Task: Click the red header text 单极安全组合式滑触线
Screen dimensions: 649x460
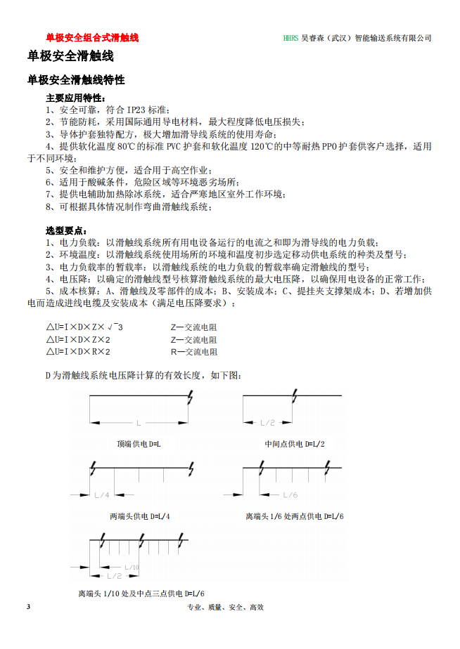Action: [92, 38]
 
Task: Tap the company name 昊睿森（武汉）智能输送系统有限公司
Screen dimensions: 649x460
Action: [366, 38]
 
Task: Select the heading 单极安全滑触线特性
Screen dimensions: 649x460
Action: [76, 80]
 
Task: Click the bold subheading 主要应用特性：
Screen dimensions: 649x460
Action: [76, 98]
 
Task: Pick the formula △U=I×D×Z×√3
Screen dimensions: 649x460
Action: [85, 327]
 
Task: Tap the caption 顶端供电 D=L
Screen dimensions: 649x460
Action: [139, 444]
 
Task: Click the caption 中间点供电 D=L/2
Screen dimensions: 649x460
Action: [295, 444]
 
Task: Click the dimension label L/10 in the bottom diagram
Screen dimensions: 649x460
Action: [132, 567]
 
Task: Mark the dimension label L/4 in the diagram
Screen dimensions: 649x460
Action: [102, 494]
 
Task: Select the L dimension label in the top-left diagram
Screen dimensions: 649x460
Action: [139, 422]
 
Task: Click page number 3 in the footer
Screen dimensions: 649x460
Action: [28, 606]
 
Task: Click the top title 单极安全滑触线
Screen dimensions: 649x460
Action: [70, 55]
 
